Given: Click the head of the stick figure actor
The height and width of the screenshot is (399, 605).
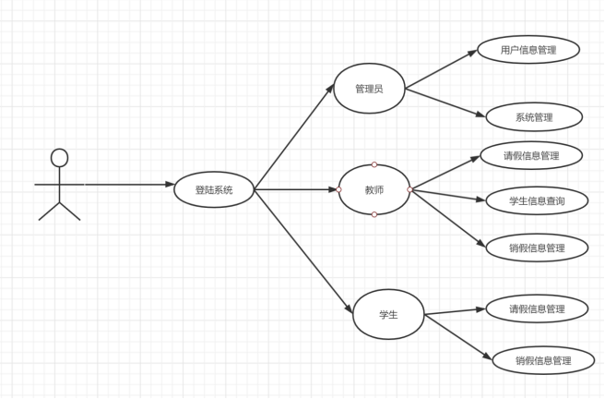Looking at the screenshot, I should [60, 157].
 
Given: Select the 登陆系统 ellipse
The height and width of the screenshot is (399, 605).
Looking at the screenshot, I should [214, 190].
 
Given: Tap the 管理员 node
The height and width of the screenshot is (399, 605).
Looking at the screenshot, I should [369, 90].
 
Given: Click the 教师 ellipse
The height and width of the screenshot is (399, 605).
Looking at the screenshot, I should [374, 189].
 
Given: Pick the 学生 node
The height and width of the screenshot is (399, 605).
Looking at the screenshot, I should [388, 314].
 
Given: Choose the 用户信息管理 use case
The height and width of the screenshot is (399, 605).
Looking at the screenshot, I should [528, 50].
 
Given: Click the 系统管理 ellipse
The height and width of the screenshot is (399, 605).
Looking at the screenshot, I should [534, 117].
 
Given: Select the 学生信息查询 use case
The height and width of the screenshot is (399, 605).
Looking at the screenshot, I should [537, 200].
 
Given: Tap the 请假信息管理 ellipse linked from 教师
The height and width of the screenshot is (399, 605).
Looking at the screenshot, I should [531, 155].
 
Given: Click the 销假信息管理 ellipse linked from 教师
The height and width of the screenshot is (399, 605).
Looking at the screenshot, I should [537, 248].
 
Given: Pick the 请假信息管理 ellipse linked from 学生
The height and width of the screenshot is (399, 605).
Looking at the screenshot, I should [537, 308].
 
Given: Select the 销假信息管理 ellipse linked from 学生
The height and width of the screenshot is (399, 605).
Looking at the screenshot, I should [543, 360].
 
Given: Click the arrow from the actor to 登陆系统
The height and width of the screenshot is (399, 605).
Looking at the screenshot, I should [129, 185].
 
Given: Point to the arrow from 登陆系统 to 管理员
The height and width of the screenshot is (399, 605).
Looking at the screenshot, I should [293, 139].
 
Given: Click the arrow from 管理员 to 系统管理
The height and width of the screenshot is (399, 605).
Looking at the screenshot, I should [445, 103].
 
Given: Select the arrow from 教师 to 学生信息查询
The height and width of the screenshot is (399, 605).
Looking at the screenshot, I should [447, 195].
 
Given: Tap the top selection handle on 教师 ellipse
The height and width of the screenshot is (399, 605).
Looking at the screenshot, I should [374, 164].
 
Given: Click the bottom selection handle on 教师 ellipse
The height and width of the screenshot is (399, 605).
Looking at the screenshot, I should [374, 214].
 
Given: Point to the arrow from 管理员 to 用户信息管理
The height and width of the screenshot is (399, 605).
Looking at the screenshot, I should [441, 70].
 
